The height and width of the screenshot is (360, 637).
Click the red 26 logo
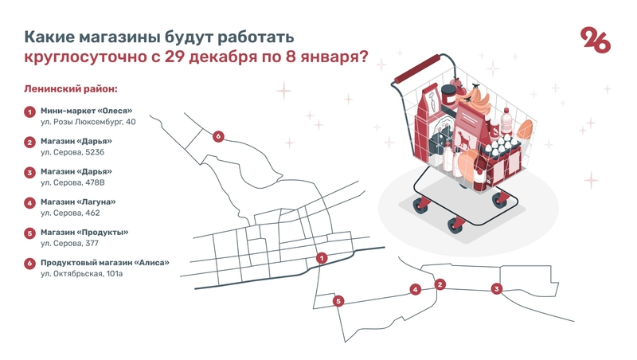596,40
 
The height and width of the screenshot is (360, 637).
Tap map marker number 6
218,136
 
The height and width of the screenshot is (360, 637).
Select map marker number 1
322,258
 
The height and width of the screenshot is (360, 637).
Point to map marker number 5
338,301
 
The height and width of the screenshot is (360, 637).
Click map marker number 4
415,290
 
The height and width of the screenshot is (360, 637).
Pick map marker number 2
440,284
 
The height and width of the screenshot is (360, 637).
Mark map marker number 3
496,289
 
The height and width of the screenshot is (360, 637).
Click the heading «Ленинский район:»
71,88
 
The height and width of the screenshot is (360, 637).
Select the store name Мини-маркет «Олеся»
87,111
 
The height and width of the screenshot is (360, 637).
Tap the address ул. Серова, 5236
72,152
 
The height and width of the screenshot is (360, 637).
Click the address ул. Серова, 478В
72,183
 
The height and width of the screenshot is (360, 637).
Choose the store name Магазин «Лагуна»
78,202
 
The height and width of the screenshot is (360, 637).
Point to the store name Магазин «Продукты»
84,233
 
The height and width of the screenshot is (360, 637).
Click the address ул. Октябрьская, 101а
82,274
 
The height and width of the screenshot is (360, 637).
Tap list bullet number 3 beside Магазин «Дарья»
29,173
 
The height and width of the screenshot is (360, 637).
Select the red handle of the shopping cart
417,68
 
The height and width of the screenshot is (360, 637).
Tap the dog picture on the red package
463,139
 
